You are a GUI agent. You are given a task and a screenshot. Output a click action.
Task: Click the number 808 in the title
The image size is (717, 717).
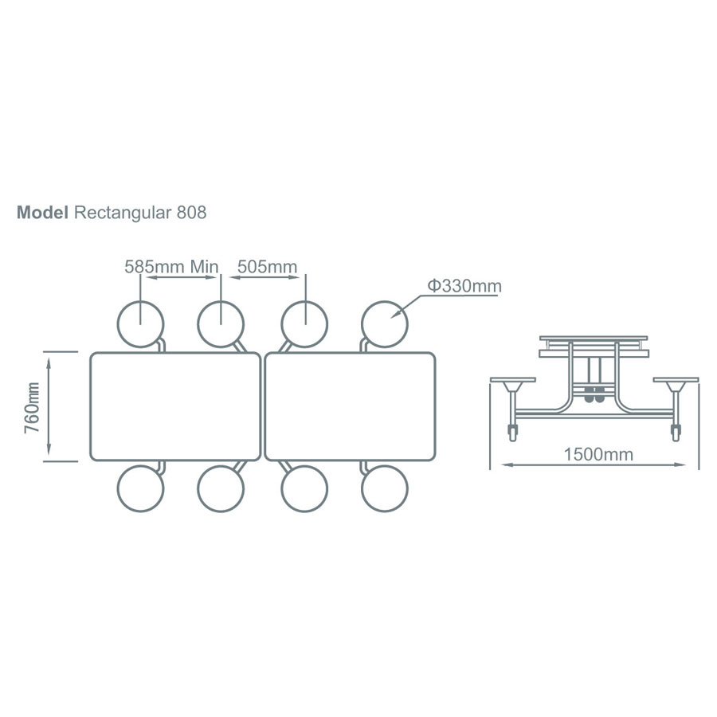coord(191,213)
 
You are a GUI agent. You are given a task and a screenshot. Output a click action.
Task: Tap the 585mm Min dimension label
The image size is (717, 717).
coord(171,266)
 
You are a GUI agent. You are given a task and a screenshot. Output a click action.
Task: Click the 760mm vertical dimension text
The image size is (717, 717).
coord(33,406)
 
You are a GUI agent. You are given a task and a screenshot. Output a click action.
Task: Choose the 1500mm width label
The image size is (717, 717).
coord(597,455)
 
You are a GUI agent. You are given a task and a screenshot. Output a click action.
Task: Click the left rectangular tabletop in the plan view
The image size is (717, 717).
coord(175,406)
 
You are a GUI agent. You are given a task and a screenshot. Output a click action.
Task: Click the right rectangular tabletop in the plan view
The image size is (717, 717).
coord(351,406)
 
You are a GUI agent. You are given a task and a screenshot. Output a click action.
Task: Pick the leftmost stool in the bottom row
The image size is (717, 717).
coord(141,488)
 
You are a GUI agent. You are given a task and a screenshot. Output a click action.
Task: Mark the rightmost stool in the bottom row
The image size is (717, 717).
coord(385,488)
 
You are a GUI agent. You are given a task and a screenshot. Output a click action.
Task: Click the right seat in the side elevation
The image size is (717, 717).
coord(676,381)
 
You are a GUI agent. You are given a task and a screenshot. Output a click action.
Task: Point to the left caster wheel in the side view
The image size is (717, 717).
coord(511,434)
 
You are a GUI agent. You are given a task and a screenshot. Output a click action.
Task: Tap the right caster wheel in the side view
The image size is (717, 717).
coord(676,434)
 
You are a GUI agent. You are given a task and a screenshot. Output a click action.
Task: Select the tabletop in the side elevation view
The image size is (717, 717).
coord(593,339)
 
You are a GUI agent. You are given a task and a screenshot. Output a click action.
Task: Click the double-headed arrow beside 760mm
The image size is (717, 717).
coord(50,406)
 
